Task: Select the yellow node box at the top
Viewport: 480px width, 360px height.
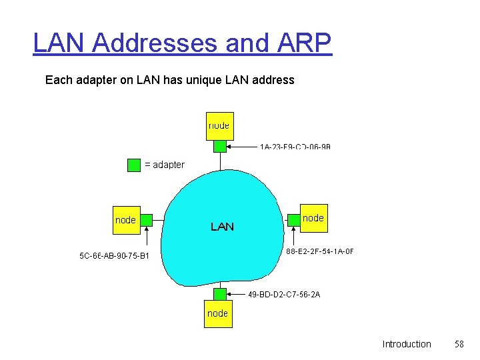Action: tap(219, 125)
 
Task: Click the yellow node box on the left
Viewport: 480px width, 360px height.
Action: tap(126, 220)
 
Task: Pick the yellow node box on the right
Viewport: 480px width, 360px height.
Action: tap(313, 219)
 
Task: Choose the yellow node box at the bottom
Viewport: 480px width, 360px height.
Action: tap(217, 313)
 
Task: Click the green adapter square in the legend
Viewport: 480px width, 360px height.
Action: tap(134, 165)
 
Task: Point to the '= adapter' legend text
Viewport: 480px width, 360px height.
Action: tap(165, 165)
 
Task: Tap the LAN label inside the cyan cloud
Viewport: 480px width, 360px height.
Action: tap(222, 227)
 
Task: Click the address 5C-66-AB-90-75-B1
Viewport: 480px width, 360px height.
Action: tap(115, 255)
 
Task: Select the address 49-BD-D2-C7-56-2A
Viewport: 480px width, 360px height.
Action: tap(284, 294)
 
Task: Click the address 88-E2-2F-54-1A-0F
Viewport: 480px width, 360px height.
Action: tap(320, 251)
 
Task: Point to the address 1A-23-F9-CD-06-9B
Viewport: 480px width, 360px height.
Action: tap(295, 146)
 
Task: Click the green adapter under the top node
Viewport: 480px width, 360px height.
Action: tap(219, 146)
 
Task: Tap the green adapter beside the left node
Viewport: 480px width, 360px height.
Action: tap(147, 219)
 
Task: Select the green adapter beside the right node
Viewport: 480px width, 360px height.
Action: tap(293, 219)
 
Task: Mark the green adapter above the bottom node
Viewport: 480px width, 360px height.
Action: tap(219, 294)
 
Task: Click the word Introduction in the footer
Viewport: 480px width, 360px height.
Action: tap(407, 344)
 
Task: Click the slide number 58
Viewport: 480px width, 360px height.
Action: tap(459, 344)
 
